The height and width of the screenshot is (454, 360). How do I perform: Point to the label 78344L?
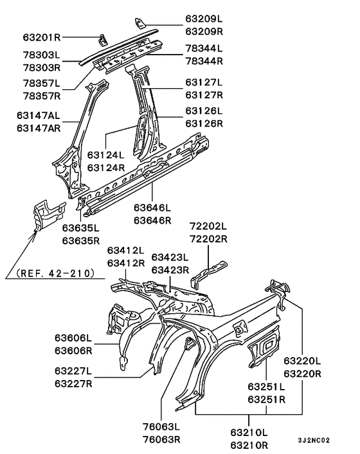[204, 48]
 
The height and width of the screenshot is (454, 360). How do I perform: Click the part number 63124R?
[106, 168]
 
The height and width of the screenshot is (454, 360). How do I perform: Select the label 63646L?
[152, 208]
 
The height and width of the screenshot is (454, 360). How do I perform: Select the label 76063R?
[161, 440]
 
